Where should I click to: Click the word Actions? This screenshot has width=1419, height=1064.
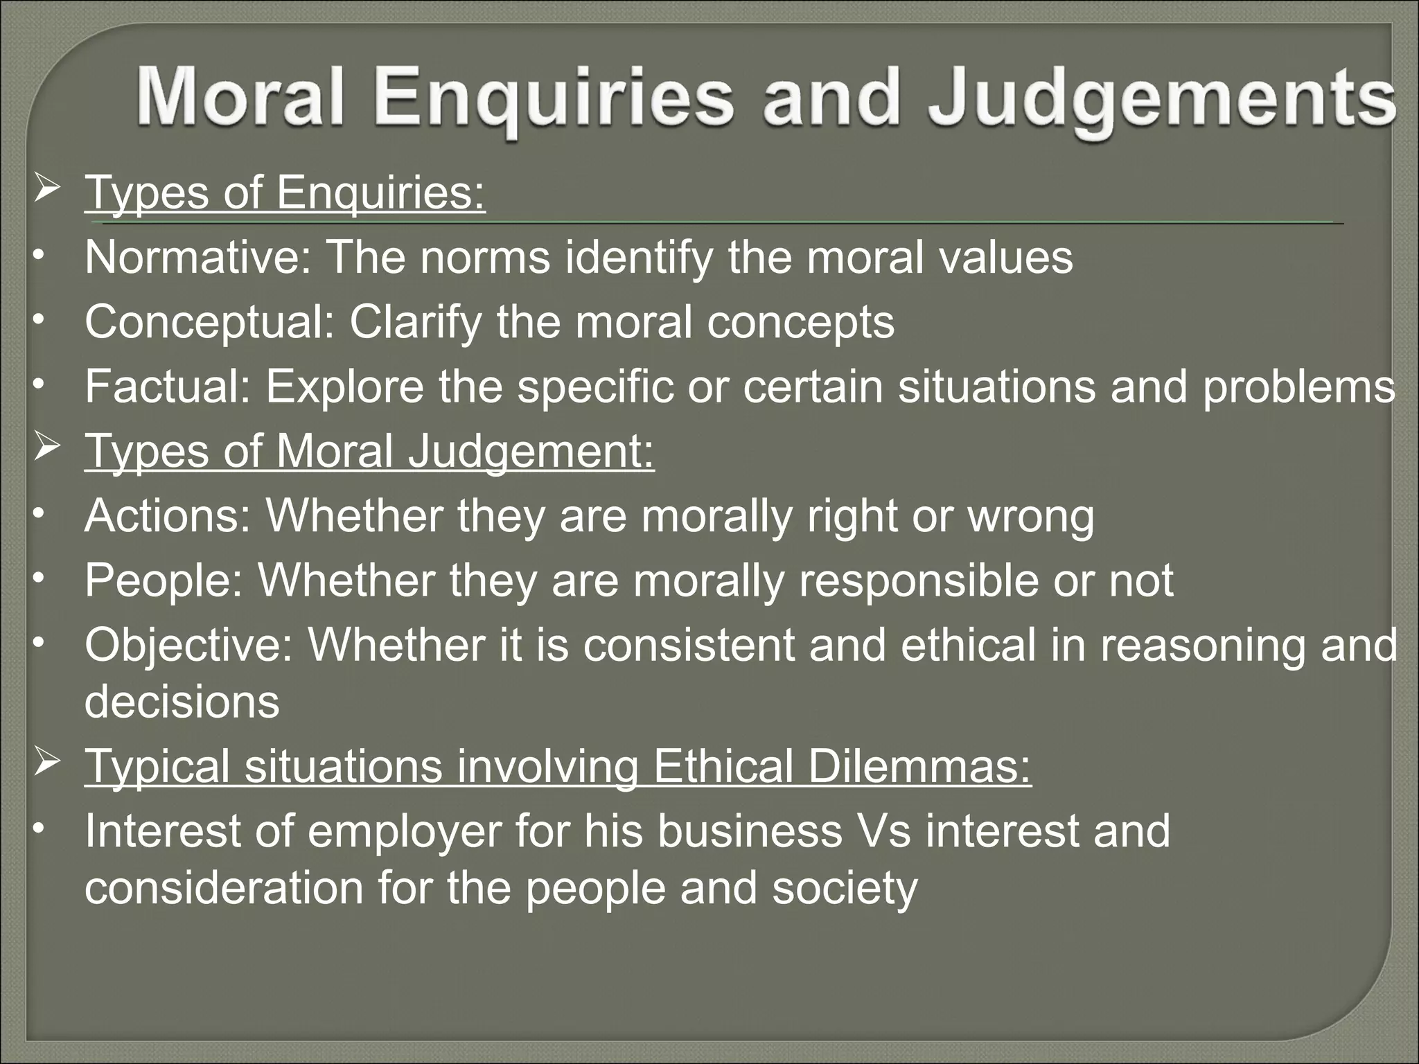pyautogui.click(x=167, y=516)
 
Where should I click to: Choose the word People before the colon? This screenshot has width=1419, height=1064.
pyautogui.click(x=164, y=580)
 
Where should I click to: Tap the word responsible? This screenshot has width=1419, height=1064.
pyautogui.click(x=919, y=580)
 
